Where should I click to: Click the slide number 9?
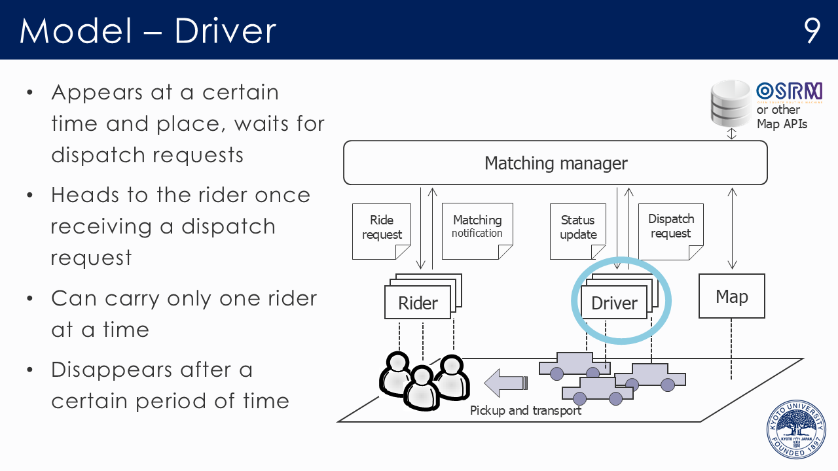point(812,30)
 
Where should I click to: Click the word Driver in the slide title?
point(225,31)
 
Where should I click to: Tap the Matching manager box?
point(555,163)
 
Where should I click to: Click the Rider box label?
point(418,304)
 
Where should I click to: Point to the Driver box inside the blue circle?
point(614,303)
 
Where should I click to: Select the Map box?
point(731,296)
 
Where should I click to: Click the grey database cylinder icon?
point(731,103)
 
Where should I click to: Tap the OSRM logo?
point(788,92)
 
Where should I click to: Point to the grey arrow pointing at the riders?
point(505,382)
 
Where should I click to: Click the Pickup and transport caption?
point(526,411)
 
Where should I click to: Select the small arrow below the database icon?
point(732,133)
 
